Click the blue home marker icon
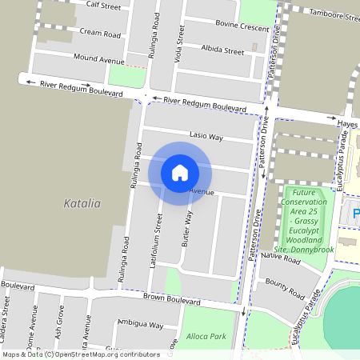click(x=180, y=172)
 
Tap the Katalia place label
click(x=82, y=203)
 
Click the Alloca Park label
click(x=204, y=337)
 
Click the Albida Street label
click(x=222, y=50)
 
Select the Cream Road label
click(x=100, y=34)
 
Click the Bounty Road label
click(x=286, y=289)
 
